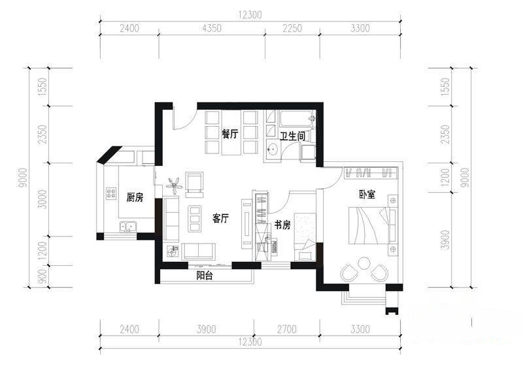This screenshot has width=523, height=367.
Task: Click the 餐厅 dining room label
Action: coord(230,135)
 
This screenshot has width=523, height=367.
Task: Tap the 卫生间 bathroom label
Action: coord(292,136)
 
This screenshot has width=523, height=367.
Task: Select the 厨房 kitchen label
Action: coord(135,197)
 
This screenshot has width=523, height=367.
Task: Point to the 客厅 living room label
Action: coord(221,219)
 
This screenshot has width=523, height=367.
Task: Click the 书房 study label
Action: coord(282,225)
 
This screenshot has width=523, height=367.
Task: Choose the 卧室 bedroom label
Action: coord(367,195)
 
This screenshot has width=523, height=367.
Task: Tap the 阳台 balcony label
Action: coord(205,276)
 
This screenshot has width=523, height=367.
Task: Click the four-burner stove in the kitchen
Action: coord(111,193)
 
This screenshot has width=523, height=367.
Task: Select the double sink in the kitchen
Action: coord(128,227)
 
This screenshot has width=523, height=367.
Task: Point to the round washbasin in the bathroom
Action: coord(273,149)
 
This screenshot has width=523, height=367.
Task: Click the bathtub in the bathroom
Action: coord(297,119)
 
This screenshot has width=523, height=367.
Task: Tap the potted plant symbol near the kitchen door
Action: coord(175,185)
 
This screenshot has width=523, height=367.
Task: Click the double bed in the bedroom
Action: coord(369,225)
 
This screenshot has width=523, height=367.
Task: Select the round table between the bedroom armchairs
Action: coord(363,264)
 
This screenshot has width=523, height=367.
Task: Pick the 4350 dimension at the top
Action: coord(212,28)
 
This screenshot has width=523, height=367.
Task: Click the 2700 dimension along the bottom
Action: coord(287,329)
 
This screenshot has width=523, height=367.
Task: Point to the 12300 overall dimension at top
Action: coord(250,15)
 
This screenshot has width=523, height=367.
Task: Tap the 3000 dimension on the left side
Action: coord(42,199)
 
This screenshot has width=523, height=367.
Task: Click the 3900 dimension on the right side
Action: coord(445,240)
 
